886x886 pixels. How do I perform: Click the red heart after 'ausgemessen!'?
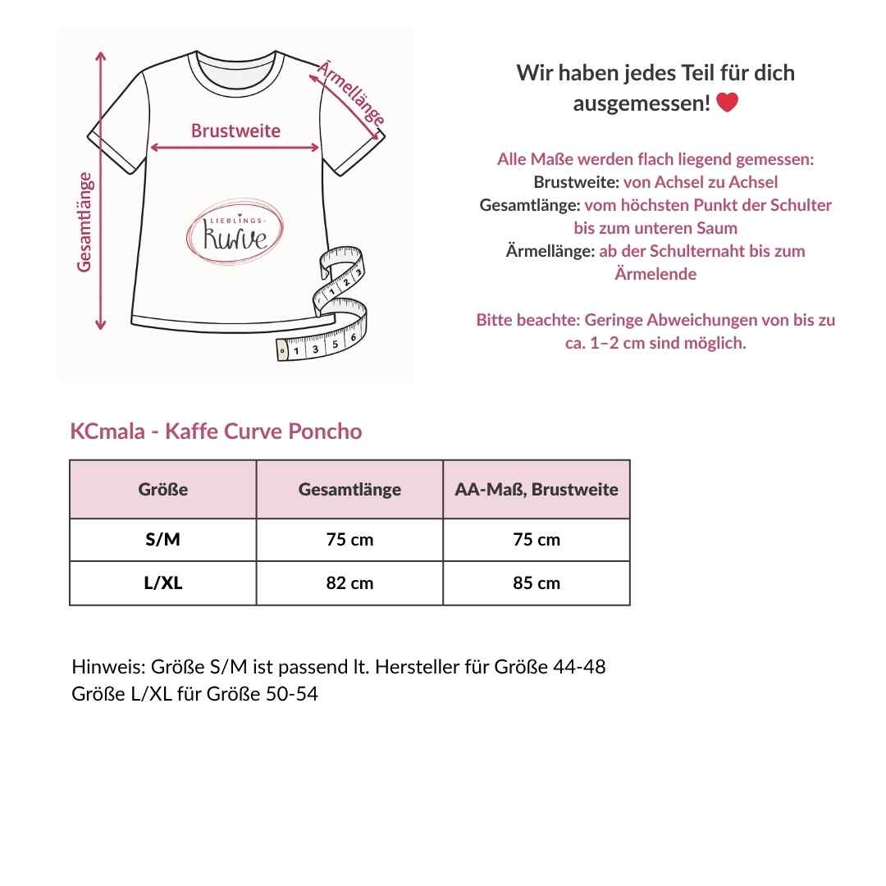point(727,103)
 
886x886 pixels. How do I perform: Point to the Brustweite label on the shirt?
point(235,130)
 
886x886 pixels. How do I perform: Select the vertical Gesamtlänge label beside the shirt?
point(85,221)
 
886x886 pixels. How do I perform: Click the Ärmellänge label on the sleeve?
point(350,92)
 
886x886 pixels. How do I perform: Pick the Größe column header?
point(163,490)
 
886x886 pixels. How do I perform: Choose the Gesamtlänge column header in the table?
point(349,490)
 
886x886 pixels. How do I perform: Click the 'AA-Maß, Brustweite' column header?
point(537,490)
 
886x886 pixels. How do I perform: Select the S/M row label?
point(163,540)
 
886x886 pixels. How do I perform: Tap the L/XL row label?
point(163,583)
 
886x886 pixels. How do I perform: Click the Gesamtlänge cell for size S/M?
point(349,540)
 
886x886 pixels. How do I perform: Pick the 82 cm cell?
point(349,583)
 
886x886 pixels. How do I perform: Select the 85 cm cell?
point(537,583)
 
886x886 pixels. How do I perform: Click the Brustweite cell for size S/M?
point(537,540)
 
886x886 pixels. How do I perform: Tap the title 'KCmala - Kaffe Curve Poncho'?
point(217,432)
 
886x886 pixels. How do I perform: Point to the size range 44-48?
point(579,667)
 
